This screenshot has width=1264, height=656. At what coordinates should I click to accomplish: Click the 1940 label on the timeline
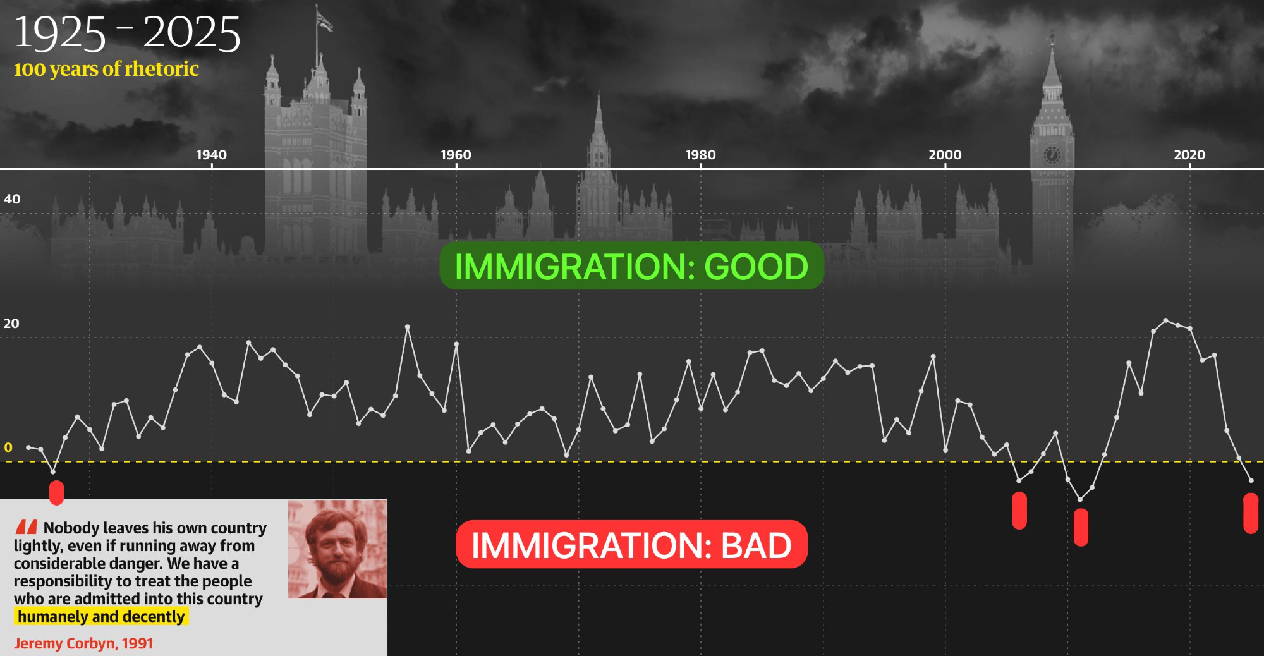(211, 155)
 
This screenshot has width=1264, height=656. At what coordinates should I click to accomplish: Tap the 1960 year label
(456, 155)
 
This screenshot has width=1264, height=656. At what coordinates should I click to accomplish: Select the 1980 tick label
(700, 155)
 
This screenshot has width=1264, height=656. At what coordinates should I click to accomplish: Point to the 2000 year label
(945, 155)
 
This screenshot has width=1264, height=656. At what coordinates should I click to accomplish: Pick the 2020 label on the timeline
(1189, 155)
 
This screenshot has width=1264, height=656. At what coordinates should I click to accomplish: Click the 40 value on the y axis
(12, 199)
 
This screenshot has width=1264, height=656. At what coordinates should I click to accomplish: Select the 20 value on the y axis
(11, 324)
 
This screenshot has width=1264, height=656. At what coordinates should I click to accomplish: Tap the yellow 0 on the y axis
(8, 447)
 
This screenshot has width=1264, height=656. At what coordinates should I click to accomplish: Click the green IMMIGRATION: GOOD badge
(631, 266)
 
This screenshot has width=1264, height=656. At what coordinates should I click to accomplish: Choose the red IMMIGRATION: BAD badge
(631, 545)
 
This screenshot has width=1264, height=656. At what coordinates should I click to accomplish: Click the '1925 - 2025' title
(127, 33)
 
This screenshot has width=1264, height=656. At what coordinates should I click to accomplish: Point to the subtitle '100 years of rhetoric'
(106, 69)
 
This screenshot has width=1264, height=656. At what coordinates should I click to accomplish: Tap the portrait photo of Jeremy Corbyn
(337, 549)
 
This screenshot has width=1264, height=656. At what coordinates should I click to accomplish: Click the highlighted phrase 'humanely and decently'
(101, 617)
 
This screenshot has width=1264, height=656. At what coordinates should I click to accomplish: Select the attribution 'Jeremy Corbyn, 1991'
(83, 643)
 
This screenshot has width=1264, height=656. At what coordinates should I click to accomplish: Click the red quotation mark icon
(27, 527)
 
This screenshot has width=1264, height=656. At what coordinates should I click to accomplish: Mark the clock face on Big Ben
(1052, 155)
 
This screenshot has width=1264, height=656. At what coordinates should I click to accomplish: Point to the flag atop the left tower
(324, 21)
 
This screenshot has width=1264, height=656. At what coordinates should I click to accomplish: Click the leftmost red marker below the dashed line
(56, 493)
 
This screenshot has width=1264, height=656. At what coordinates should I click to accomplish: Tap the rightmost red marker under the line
(1250, 513)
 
